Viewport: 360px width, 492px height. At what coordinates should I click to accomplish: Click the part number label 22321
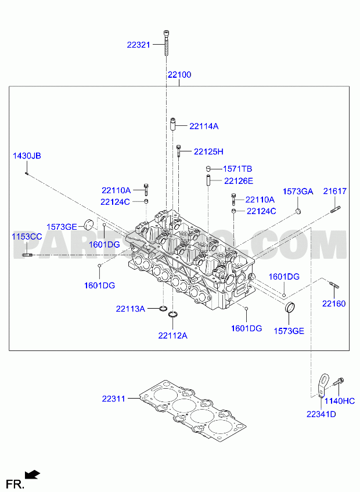[x=139, y=45]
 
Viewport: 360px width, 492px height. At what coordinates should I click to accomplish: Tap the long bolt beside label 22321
[x=166, y=43]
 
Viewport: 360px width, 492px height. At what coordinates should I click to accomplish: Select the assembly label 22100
[x=179, y=75]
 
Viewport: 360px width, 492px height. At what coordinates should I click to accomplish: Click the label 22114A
[x=204, y=126]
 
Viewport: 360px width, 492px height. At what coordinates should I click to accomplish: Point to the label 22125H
[x=208, y=151]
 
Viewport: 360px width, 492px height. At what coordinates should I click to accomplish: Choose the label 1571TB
[x=237, y=169]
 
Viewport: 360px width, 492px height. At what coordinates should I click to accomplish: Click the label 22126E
[x=239, y=181]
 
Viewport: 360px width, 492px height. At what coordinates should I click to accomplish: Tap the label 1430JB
[x=27, y=156]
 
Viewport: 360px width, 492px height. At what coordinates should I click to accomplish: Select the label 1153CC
[x=27, y=237]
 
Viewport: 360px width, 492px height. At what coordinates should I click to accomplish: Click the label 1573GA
[x=298, y=191]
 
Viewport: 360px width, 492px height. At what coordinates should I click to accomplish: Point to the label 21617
[x=335, y=191]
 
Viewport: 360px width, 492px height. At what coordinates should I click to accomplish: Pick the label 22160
[x=334, y=303]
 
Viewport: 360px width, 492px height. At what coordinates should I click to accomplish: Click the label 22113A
[x=131, y=309]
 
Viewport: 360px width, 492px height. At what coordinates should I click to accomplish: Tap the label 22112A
[x=173, y=336]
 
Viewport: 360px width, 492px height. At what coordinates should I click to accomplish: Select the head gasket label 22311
[x=113, y=399]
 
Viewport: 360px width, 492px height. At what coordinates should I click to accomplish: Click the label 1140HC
[x=340, y=401]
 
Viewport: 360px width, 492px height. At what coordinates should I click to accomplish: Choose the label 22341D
[x=321, y=414]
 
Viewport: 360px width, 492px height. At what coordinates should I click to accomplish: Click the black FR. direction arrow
[x=33, y=475]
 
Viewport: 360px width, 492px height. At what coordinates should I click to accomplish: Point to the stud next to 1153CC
[x=27, y=255]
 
